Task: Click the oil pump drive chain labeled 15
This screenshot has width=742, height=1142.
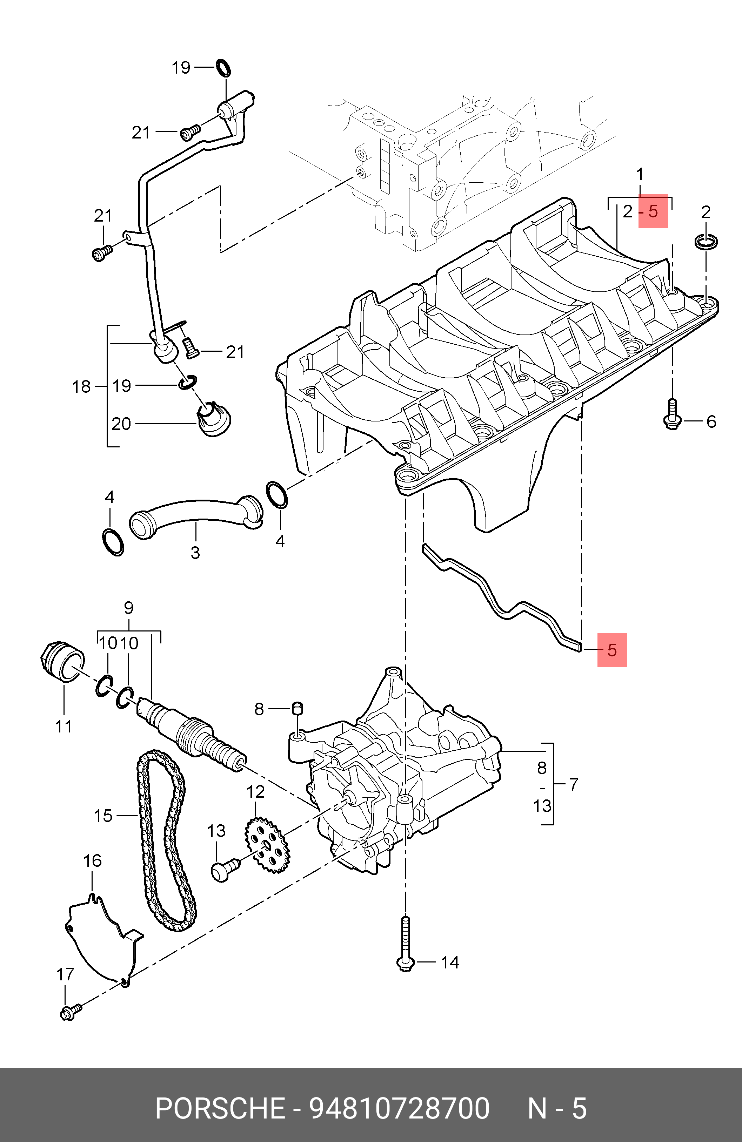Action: (144, 816)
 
